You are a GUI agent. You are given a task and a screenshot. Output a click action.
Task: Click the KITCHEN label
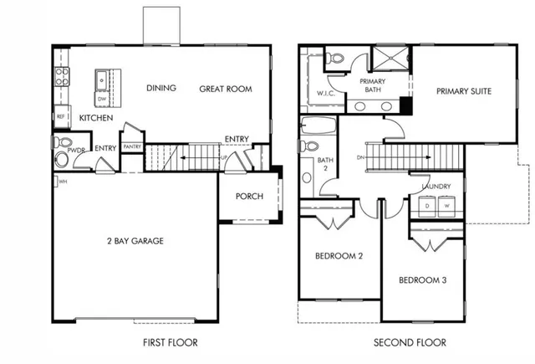coord(96,119)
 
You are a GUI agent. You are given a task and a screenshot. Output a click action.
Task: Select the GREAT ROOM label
coord(225,89)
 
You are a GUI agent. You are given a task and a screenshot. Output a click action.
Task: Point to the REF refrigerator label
coord(61,116)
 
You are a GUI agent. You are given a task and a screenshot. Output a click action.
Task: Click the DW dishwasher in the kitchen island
coord(101,99)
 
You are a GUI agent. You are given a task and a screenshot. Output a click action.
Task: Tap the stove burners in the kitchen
coord(61,77)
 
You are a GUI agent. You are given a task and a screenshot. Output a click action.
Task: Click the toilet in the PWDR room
coord(62,159)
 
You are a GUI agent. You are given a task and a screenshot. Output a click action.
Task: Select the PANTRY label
coord(131,146)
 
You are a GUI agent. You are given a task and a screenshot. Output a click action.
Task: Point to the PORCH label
coord(249,197)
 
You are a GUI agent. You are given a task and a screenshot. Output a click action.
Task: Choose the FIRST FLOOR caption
coord(171,342)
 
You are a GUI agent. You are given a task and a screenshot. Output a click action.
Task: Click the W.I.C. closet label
coord(325,94)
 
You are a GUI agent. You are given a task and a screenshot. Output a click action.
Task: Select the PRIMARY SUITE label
coord(462,90)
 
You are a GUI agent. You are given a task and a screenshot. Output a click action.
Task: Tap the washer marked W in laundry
coord(446,205)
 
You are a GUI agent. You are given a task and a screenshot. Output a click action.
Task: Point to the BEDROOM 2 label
coord(339,256)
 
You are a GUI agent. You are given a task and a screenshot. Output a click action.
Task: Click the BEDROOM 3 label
coord(422,279)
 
